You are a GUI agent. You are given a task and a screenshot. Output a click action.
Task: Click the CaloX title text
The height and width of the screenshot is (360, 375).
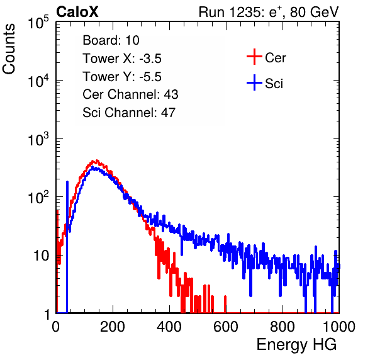point(77,12)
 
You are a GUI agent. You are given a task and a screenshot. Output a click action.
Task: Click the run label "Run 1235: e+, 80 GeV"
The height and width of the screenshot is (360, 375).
point(269,12)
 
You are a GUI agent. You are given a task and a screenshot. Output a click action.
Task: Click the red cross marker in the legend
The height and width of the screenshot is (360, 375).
point(254,57)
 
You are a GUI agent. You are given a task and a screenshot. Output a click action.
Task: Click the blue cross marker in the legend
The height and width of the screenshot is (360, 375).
point(254,82)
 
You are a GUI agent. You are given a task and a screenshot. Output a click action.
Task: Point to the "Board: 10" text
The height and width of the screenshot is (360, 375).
point(111,40)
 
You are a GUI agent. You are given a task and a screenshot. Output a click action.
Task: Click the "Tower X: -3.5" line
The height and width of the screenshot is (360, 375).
point(122,59)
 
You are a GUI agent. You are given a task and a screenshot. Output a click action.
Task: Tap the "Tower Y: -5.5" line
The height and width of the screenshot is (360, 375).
point(122,77)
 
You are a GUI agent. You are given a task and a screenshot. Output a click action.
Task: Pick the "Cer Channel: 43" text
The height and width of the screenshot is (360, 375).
point(130,94)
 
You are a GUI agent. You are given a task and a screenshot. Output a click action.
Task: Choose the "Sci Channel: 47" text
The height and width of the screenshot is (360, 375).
point(129,113)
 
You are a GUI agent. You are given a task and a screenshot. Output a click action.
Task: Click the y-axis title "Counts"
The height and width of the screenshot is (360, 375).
point(9,48)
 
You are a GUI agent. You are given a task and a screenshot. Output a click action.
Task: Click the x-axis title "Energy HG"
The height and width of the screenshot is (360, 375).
point(296,345)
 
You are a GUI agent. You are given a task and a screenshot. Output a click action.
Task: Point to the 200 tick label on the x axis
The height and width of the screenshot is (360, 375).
point(113,327)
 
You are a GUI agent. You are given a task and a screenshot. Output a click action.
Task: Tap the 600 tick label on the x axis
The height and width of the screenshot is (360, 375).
point(226,327)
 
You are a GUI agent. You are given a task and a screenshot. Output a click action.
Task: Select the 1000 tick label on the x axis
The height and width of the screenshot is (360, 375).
point(339,327)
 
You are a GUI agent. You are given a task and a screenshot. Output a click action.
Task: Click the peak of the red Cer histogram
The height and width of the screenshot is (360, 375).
point(97,160)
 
